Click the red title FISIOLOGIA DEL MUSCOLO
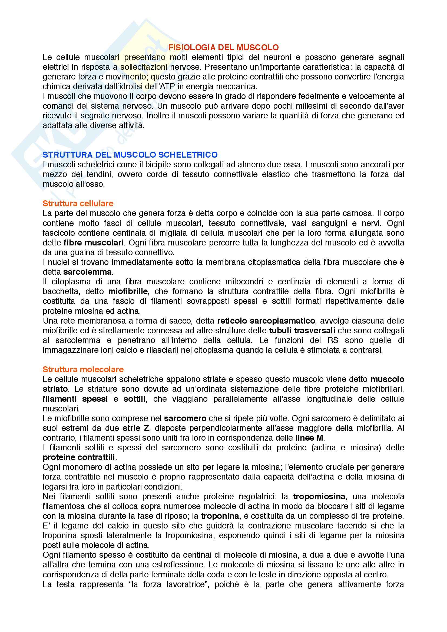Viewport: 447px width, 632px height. pos(223,48)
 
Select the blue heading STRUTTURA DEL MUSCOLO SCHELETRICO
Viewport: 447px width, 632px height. pos(130,155)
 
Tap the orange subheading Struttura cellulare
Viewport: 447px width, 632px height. pos(78,204)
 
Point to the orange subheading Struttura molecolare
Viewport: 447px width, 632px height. pos(83,369)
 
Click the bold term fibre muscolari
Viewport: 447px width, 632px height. pos(93,242)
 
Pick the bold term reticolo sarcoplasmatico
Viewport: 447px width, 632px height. pos(266,321)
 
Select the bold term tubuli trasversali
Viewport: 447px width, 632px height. pos(302,330)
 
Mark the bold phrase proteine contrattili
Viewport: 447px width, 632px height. pos(79,457)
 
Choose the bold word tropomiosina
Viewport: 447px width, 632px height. pos(319,496)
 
